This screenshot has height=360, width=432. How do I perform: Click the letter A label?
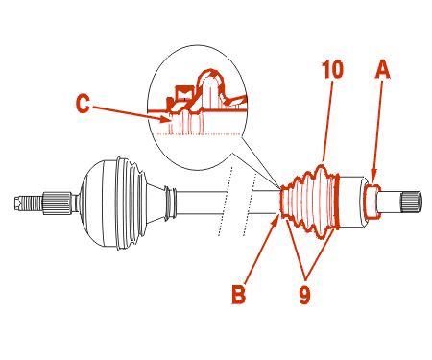click(x=383, y=69)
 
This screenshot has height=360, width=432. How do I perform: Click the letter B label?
click(x=239, y=294)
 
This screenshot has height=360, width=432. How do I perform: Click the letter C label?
click(x=83, y=104)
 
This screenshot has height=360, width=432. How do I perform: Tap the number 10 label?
click(x=333, y=69)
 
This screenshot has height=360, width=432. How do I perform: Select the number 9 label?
click(x=304, y=295)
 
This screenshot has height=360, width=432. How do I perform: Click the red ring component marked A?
click(x=372, y=202)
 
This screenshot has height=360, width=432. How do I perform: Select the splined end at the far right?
click(x=411, y=202)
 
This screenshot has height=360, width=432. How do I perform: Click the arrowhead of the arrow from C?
click(x=167, y=120)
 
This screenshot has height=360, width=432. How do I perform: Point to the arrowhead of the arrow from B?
click(x=275, y=220)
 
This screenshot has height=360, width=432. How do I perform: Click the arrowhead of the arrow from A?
click(x=373, y=179)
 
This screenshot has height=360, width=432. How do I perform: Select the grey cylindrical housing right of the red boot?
click(x=352, y=202)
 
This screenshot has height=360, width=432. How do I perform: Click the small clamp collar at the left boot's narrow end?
click(x=170, y=203)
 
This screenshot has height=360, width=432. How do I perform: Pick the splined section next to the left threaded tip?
click(x=57, y=203)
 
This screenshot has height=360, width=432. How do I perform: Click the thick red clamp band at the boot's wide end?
click(x=336, y=202)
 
